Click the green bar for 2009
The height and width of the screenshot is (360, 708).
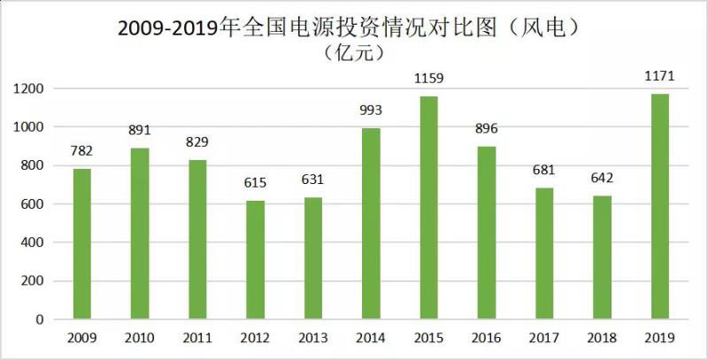pos(81,243)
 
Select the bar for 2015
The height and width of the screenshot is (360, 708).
pos(428,208)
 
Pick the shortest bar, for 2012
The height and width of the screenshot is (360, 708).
pos(255,260)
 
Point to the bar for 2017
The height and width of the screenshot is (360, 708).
pos(543,254)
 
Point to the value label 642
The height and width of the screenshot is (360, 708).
pos(602,180)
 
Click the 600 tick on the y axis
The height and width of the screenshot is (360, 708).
pos(33,204)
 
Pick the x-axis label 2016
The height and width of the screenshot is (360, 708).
pos(486,337)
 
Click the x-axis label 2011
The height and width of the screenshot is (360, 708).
pos(197,337)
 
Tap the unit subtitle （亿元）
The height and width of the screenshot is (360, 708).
pos(353,54)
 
